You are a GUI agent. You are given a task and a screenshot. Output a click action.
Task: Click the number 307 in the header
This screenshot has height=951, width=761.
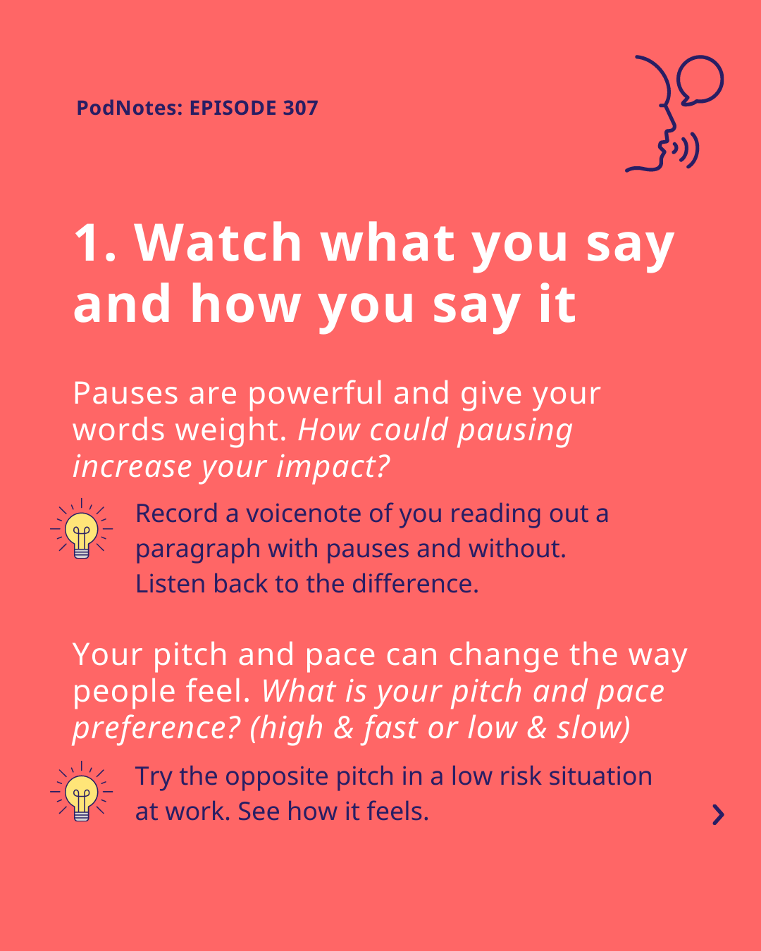pos(300,108)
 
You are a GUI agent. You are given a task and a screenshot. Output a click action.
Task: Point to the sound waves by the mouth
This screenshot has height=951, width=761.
pos(686,150)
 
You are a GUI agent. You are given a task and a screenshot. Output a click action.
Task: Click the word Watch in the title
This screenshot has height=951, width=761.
pos(218,242)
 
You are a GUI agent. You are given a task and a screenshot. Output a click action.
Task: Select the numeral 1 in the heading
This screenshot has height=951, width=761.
pos(89,242)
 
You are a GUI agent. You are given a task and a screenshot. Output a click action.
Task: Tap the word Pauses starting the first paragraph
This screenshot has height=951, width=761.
pos(125,393)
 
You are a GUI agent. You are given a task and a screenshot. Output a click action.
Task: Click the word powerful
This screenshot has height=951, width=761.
pos(315,392)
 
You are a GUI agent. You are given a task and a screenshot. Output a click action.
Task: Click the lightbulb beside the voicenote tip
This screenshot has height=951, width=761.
pos(81,529)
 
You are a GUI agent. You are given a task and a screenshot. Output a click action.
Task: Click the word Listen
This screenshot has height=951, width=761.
pos(171,584)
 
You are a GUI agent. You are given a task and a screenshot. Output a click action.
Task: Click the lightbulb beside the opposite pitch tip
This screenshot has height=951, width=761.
pos(81,791)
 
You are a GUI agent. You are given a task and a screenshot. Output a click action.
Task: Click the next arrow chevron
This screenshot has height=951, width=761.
pos(719,815)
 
